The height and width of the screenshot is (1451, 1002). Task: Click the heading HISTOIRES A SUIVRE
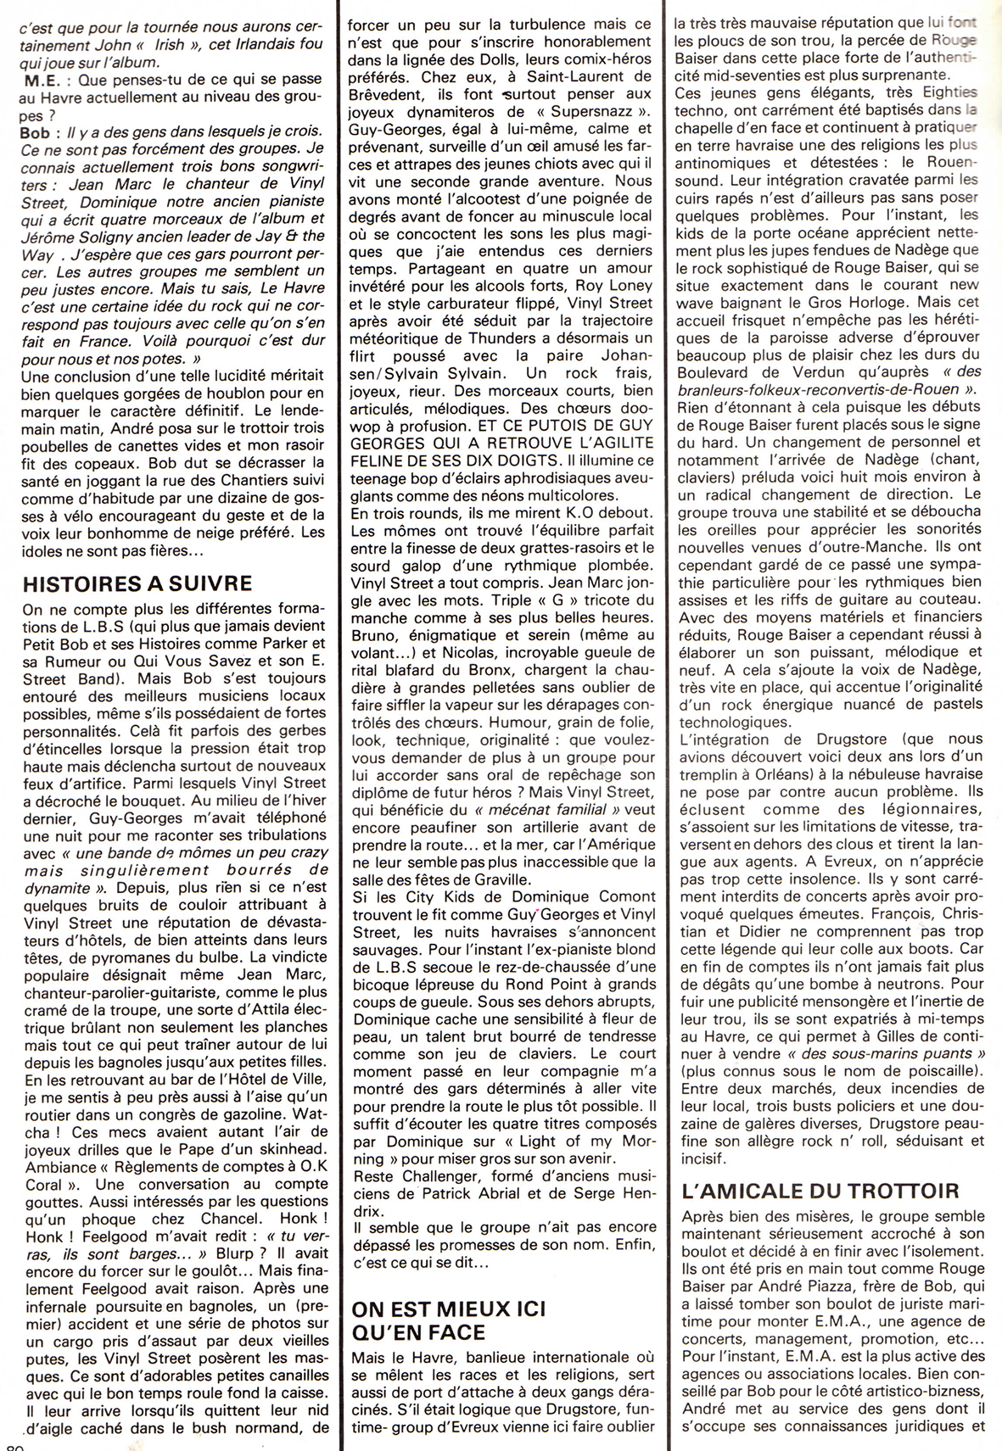(x=137, y=584)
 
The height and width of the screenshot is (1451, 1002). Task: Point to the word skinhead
(x=287, y=1148)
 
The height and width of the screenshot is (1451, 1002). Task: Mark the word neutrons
(x=915, y=983)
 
